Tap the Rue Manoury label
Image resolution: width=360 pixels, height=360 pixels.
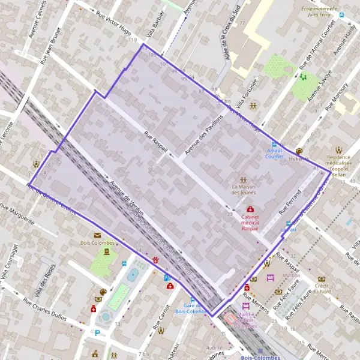[337, 98]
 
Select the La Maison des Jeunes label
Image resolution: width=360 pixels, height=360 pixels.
[243, 190]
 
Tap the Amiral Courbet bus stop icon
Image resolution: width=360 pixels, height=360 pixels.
[275, 144]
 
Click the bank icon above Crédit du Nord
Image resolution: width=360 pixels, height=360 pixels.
[322, 278]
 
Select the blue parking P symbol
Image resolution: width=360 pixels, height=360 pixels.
[97, 332]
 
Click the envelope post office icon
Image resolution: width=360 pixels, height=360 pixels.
[97, 235]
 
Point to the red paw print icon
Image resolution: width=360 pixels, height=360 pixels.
[156, 260]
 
